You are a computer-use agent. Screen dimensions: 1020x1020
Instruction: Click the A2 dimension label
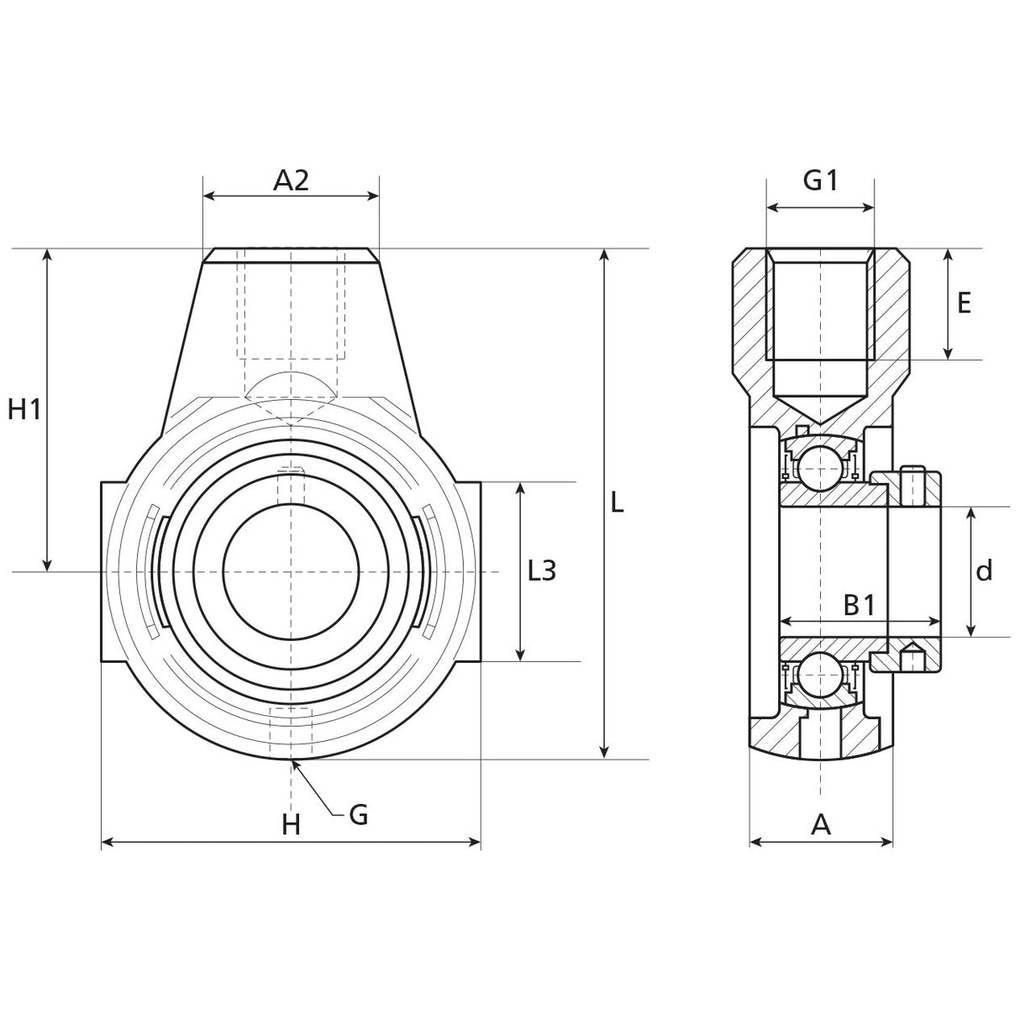[292, 180]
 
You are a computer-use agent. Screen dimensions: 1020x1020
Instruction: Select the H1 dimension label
[24, 409]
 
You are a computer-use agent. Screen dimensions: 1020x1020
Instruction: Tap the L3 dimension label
[542, 571]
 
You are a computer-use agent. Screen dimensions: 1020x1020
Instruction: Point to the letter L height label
[618, 503]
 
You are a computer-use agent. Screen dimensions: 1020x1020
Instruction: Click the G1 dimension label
[820, 180]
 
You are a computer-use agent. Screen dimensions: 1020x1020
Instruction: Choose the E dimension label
[965, 302]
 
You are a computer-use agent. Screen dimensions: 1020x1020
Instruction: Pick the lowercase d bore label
[985, 571]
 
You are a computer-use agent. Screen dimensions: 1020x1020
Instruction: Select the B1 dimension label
[860, 604]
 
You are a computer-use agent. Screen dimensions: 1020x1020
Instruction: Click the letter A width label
[821, 825]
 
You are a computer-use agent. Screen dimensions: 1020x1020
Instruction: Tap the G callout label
[359, 813]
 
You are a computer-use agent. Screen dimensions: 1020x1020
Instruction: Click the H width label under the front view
[291, 825]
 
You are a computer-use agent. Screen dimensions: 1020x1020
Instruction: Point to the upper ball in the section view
[820, 466]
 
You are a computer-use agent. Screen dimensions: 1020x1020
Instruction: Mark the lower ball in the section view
[820, 677]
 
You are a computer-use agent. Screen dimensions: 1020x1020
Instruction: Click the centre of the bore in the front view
[291, 571]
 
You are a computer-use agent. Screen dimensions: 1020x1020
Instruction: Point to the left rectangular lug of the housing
[114, 571]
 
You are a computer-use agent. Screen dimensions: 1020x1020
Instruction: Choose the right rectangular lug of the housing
[468, 571]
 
